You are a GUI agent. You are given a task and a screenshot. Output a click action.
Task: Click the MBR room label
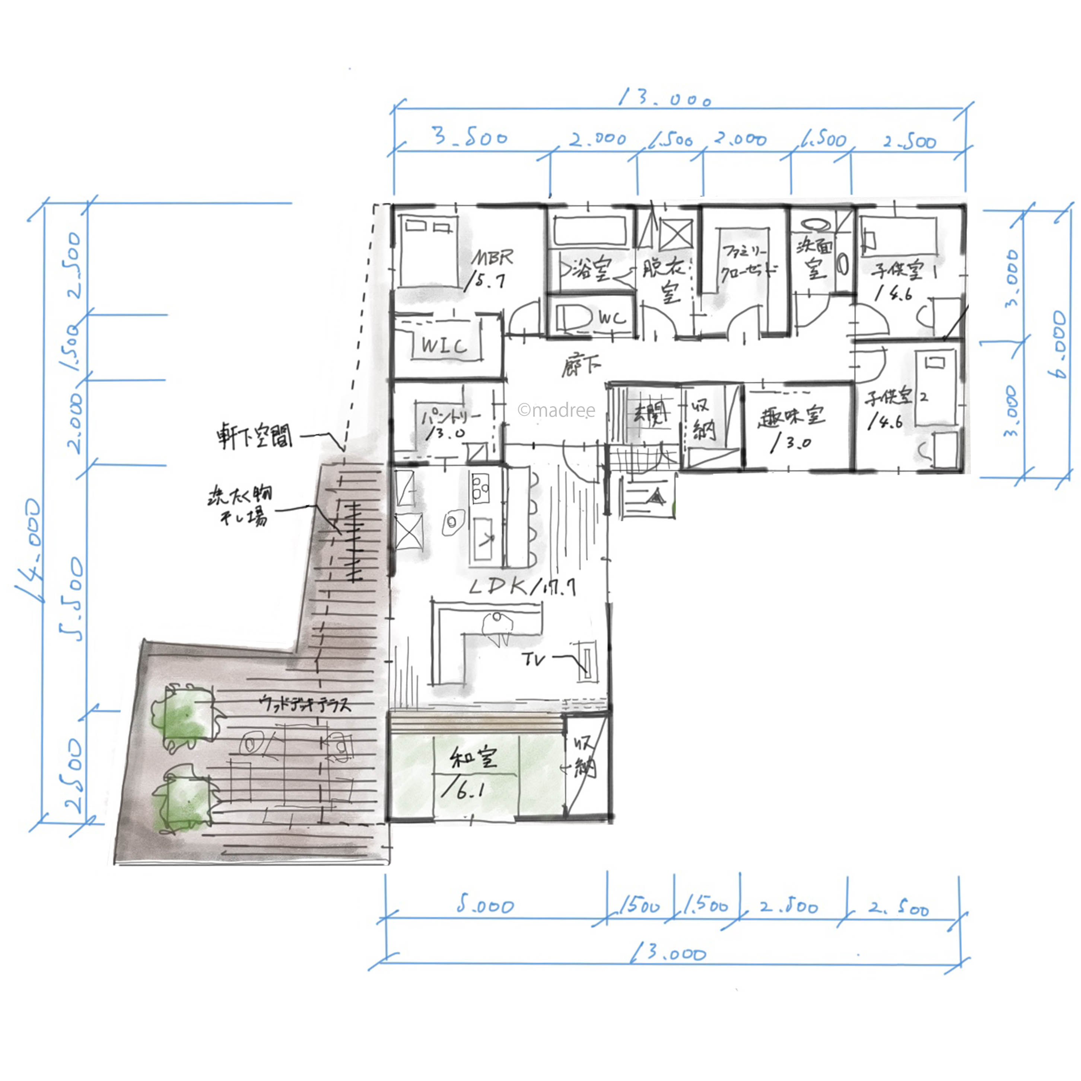[492, 258]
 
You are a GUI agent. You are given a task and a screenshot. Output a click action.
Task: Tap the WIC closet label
[444, 345]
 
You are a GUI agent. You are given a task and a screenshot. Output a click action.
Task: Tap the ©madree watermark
[556, 411]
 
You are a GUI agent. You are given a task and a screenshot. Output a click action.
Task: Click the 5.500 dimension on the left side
[72, 598]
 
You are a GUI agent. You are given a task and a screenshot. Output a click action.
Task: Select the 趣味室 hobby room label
[791, 417]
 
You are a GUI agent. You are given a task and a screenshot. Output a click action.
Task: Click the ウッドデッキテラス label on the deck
[306, 704]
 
